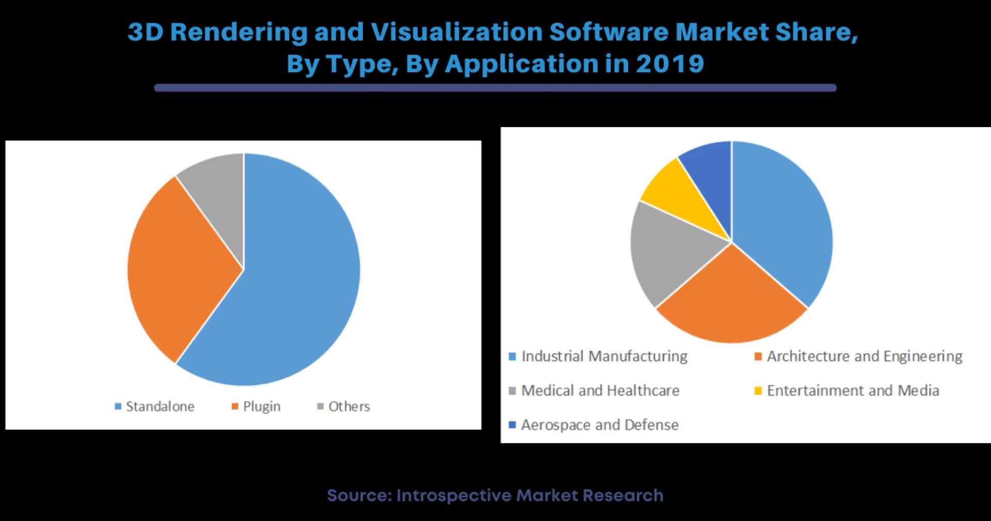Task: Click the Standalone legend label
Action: [160, 407]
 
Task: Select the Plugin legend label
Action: [262, 407]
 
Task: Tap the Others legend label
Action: [349, 407]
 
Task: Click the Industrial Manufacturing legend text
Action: [604, 356]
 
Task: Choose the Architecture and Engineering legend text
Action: [865, 356]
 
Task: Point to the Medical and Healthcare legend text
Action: [600, 391]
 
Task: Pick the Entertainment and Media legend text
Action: [853, 391]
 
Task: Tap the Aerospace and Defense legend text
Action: [600, 425]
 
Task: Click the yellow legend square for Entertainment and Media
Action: [758, 391]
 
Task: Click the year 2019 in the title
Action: [669, 64]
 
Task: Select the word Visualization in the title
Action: [456, 32]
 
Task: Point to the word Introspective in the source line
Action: [453, 496]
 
